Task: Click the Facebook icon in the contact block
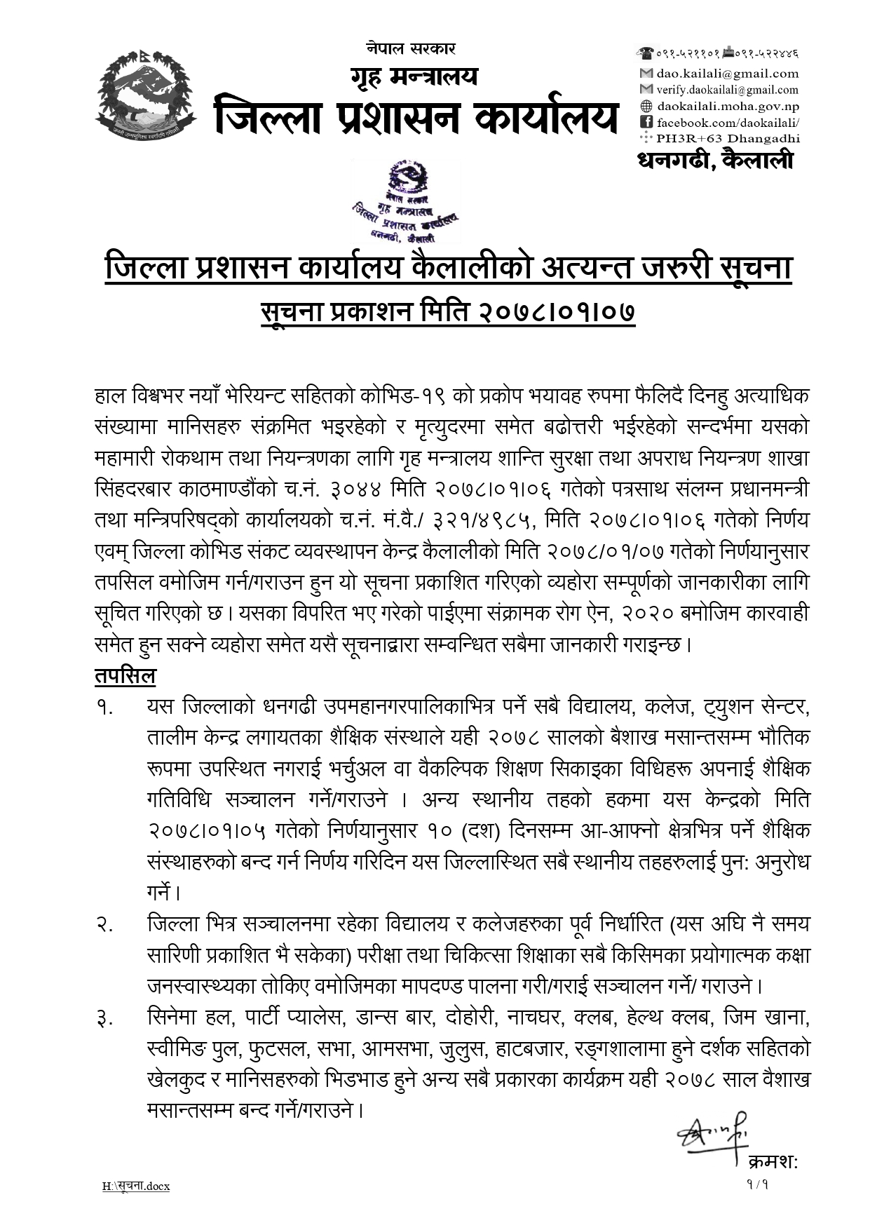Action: [x=646, y=123]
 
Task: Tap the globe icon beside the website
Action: [x=646, y=107]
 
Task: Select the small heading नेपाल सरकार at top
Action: [x=411, y=48]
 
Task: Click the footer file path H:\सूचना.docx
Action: [x=136, y=1187]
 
